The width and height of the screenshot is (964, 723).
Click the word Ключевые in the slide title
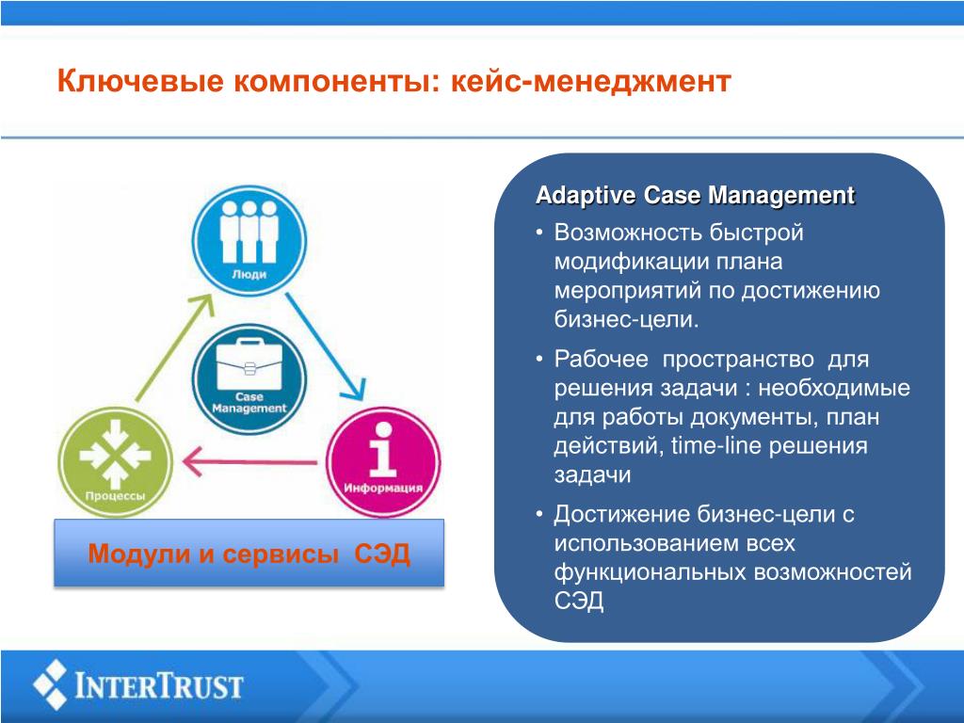pyautogui.click(x=140, y=81)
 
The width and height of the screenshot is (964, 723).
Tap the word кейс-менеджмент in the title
pyautogui.click(x=591, y=81)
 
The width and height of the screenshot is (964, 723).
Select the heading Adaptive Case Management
pyautogui.click(x=696, y=196)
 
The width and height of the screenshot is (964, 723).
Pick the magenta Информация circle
pyautogui.click(x=383, y=461)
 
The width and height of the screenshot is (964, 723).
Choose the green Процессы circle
pyautogui.click(x=115, y=461)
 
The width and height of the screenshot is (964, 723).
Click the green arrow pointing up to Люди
pyautogui.click(x=174, y=348)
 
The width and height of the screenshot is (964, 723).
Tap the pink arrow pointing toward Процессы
pyautogui.click(x=249, y=461)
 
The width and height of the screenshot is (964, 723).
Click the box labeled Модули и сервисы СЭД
pyautogui.click(x=249, y=553)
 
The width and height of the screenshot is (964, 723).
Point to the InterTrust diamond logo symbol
pyautogui.click(x=51, y=684)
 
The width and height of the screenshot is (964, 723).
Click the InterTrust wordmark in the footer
pyautogui.click(x=158, y=686)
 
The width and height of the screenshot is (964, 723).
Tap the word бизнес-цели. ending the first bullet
pyautogui.click(x=626, y=320)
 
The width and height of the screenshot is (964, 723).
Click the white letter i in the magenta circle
pyautogui.click(x=383, y=449)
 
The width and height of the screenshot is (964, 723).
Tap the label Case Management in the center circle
pyautogui.click(x=249, y=403)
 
